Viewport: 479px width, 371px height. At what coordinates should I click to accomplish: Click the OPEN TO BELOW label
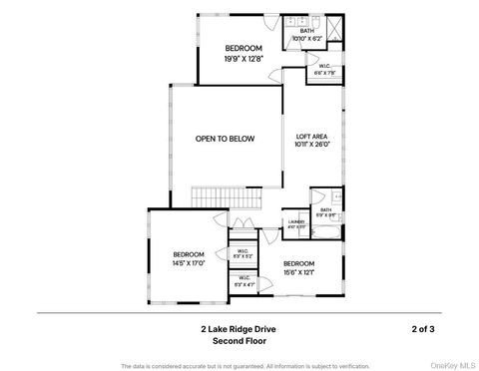225,139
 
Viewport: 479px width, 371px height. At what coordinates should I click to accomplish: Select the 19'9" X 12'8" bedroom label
242,54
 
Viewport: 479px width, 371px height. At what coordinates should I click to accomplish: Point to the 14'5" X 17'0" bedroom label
188,258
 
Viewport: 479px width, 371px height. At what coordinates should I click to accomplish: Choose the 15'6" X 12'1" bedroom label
298,267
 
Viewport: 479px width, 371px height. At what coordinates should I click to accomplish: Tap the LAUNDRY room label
296,223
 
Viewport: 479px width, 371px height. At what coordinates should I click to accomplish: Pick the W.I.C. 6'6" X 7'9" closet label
325,70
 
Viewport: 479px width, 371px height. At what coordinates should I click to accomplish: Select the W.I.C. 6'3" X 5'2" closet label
242,253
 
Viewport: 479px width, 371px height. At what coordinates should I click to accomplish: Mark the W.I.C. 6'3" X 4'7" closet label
242,280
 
